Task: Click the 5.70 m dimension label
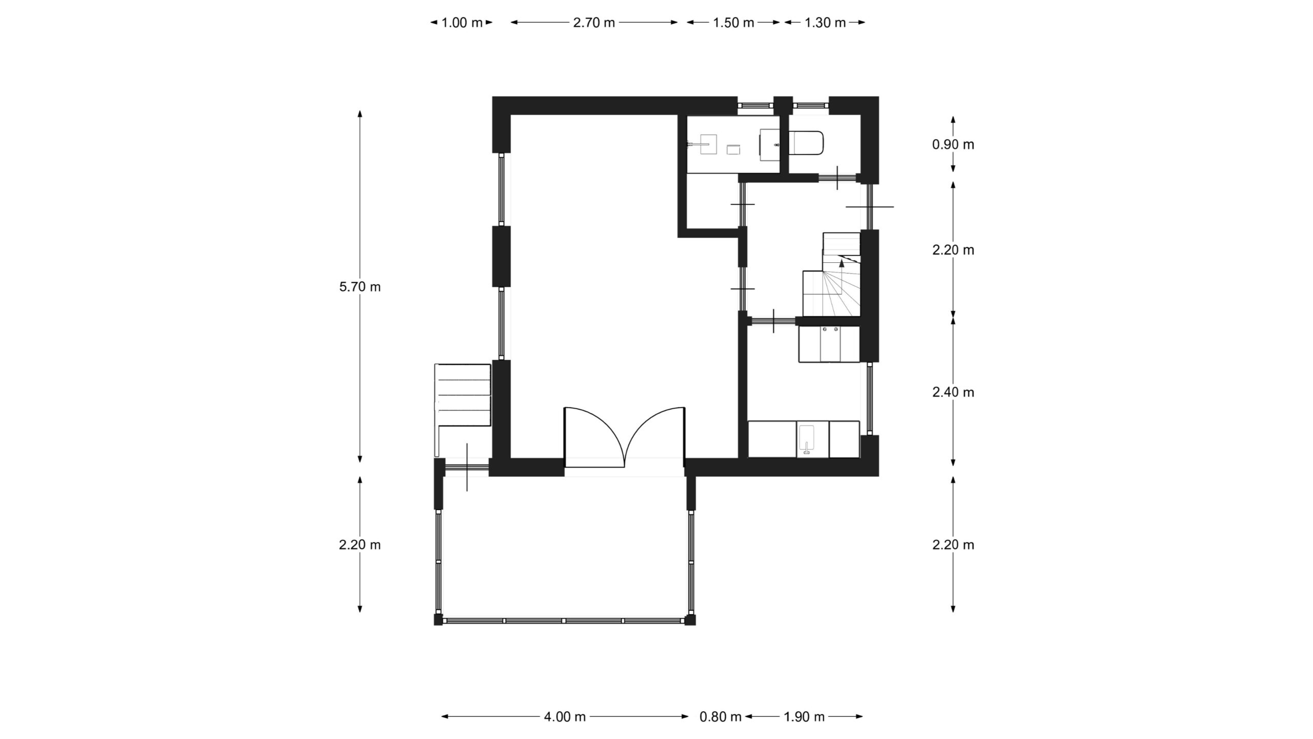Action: point(360,287)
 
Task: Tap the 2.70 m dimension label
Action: point(594,23)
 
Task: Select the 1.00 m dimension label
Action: point(462,23)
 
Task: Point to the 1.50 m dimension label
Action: point(733,23)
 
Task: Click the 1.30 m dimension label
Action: point(825,23)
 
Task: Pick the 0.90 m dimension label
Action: point(953,145)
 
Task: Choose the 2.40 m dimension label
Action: point(953,393)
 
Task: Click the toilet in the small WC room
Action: point(806,143)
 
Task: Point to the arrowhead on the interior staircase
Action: point(842,264)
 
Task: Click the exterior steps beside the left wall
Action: point(463,395)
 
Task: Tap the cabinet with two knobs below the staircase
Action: point(829,344)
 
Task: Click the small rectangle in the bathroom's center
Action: point(888,149)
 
